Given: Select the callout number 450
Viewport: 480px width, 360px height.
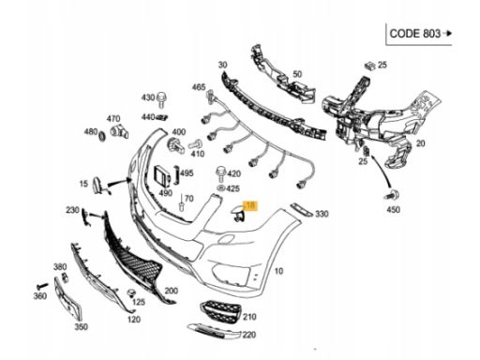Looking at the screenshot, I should click(x=392, y=210).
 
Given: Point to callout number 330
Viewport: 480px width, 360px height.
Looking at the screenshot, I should click(x=322, y=216).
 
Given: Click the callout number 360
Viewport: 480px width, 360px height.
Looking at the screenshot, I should click(x=39, y=296).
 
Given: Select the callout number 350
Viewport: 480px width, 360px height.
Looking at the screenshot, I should click(x=82, y=327).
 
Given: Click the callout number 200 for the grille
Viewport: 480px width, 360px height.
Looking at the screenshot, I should click(x=171, y=292).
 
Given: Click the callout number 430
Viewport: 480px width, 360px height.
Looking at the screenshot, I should click(x=147, y=97).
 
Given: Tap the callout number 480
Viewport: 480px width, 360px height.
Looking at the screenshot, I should click(x=91, y=132).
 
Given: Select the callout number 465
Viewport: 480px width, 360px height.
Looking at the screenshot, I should click(x=199, y=87).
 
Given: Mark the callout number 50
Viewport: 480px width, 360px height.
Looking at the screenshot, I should click(x=297, y=73).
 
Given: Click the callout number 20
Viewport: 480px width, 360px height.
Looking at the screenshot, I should click(x=420, y=143).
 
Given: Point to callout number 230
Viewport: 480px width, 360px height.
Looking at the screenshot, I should click(x=72, y=210).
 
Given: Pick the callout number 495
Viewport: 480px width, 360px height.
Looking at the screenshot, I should click(x=186, y=173).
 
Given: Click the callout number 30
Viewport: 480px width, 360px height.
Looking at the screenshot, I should click(x=223, y=64).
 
